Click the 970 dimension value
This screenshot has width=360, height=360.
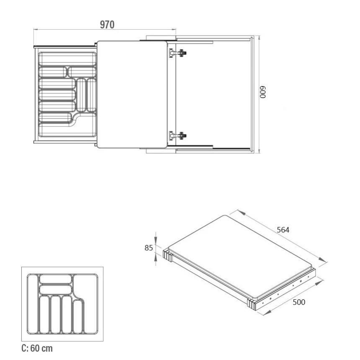pyautogui.click(x=107, y=25)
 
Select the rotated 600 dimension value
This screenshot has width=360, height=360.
pyautogui.click(x=263, y=92)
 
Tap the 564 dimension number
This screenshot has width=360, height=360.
pyautogui.click(x=283, y=230)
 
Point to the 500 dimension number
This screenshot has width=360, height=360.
pyautogui.click(x=299, y=302)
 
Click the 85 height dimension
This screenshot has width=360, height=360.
pyautogui.click(x=149, y=248)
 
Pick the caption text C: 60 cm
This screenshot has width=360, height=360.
pyautogui.click(x=37, y=348)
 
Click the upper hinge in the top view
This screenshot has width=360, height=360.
pyautogui.click(x=178, y=53)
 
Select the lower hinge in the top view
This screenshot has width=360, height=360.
pyautogui.click(x=178, y=136)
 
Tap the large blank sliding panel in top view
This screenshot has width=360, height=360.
pyautogui.click(x=132, y=94)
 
